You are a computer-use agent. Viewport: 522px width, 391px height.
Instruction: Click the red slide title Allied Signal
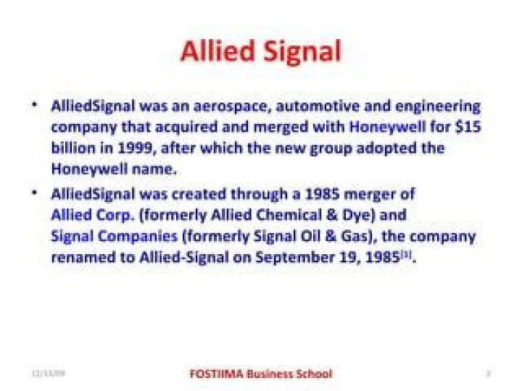tap(260, 51)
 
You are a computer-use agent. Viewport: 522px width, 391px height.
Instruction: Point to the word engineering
tap(436, 106)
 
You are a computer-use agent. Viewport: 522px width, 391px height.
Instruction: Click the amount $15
tap(468, 127)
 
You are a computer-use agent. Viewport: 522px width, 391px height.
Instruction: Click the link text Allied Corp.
tap(92, 216)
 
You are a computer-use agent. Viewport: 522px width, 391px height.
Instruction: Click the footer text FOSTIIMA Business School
tap(260, 374)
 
